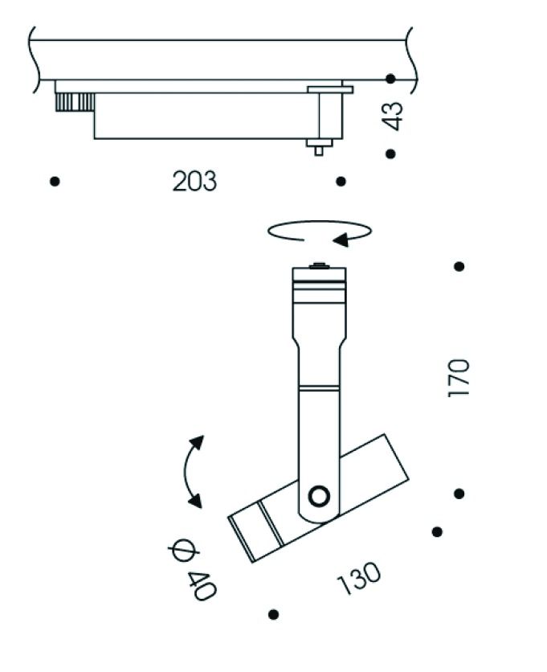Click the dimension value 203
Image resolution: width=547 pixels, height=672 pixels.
click(x=194, y=182)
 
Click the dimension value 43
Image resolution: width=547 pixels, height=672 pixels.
click(x=393, y=117)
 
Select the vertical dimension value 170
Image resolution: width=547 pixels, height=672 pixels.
click(x=459, y=378)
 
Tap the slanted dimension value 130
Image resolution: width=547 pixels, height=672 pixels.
click(x=359, y=578)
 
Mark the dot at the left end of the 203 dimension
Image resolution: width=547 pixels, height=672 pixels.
click(x=55, y=182)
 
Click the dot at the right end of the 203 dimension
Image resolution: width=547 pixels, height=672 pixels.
click(x=341, y=182)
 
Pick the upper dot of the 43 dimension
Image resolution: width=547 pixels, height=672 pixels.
click(x=390, y=79)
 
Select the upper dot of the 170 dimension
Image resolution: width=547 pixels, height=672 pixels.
click(x=459, y=266)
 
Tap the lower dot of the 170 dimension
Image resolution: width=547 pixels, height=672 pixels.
click(x=459, y=494)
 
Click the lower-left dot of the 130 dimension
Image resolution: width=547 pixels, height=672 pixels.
click(x=274, y=615)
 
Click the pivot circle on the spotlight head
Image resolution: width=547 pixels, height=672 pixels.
click(x=320, y=497)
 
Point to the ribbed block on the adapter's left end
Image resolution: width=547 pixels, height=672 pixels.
click(x=74, y=101)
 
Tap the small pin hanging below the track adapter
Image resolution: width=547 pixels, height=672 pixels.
click(x=319, y=147)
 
